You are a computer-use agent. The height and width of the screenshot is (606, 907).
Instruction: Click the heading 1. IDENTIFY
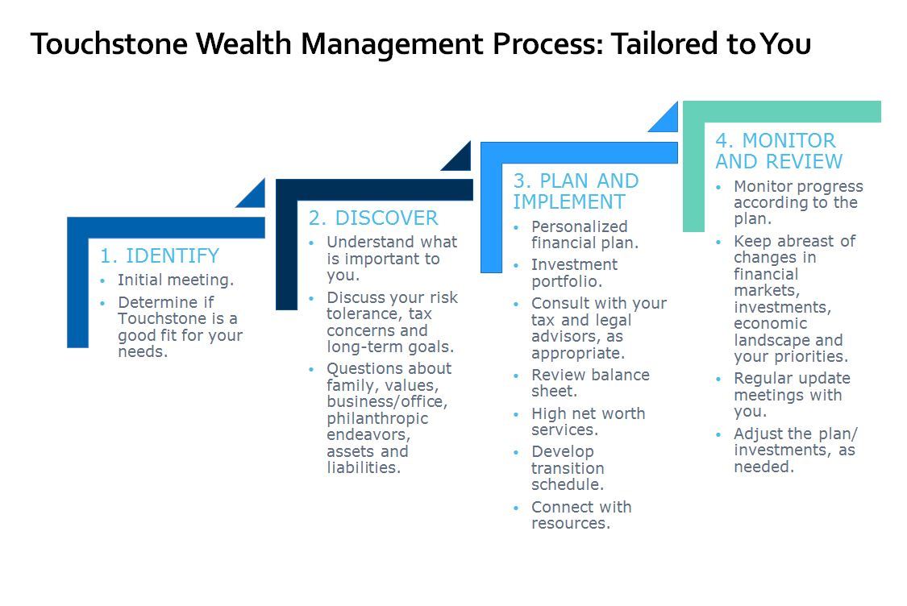pos(159,256)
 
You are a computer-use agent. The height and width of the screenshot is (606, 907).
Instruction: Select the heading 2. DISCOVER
pos(372,218)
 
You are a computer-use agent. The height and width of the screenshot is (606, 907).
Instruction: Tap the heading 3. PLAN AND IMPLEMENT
pos(575,192)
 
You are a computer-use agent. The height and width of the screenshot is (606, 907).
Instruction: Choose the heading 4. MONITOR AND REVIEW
pos(778,151)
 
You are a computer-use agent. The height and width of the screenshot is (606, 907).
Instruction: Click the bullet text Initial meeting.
pos(175,280)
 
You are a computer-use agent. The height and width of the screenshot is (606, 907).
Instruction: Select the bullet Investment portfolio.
pos(573,273)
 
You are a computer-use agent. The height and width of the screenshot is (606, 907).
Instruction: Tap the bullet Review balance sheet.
pos(589,384)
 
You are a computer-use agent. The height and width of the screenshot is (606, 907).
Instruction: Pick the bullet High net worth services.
pos(587,421)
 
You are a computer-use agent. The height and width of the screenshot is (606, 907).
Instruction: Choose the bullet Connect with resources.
pos(580,515)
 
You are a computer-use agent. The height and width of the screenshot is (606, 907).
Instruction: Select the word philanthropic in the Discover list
pos(377,418)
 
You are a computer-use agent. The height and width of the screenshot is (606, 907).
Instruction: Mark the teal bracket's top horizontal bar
pos(781,111)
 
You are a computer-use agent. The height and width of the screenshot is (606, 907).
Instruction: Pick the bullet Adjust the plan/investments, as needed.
pos(793,450)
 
